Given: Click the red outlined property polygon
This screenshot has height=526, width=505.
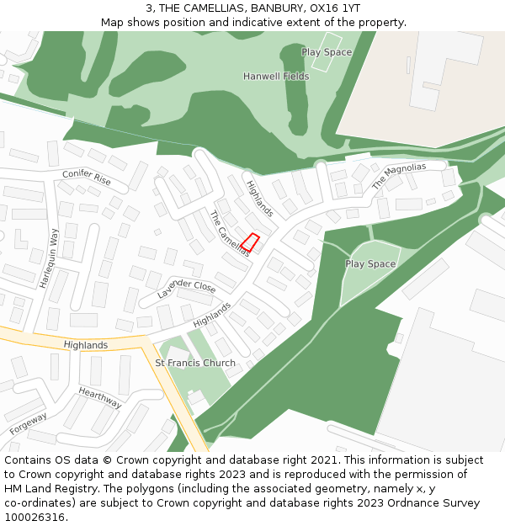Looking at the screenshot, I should click(249, 242).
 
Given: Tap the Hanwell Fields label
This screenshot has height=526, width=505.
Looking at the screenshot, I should click(276, 77).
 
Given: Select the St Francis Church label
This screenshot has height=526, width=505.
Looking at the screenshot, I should click(195, 364).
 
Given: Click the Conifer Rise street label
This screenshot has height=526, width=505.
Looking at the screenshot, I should click(87, 178).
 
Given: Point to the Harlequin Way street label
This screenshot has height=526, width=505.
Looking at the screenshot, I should click(48, 258).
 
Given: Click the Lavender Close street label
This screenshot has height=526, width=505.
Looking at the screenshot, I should click(186, 290).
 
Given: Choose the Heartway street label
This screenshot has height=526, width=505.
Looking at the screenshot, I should click(100, 397).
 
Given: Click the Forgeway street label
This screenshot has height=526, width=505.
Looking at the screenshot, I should click(29, 423).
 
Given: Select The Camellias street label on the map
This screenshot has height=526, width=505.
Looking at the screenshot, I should click(229, 233).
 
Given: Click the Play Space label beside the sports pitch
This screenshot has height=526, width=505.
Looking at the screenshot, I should click(327, 52).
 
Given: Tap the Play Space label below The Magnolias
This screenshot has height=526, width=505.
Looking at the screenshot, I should click(370, 264).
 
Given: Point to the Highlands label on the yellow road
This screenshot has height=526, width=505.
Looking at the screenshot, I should click(86, 345).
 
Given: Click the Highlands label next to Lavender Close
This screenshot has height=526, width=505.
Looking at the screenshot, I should click(212, 316).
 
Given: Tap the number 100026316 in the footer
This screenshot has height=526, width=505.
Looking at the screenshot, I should click(35, 518).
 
